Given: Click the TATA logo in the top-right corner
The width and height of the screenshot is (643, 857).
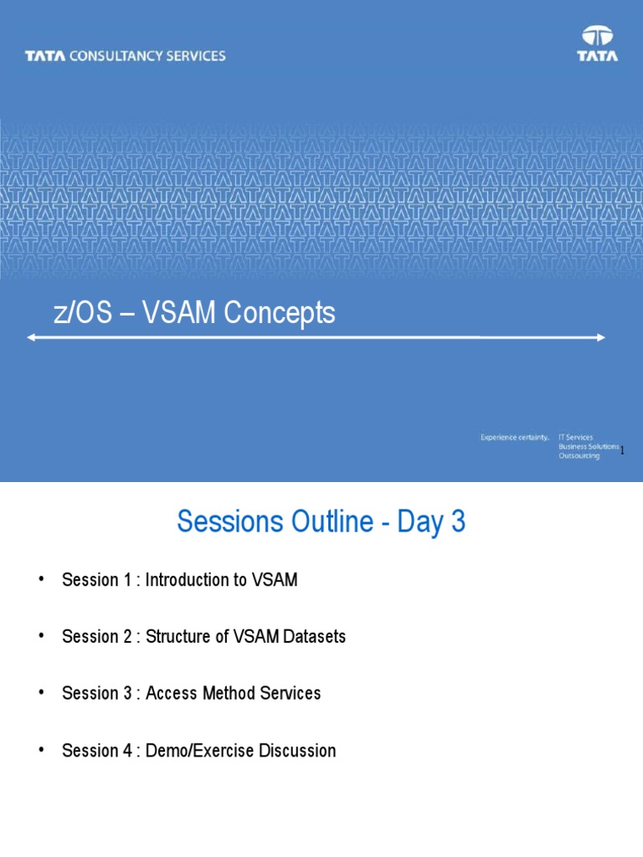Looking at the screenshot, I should pyautogui.click(x=598, y=44).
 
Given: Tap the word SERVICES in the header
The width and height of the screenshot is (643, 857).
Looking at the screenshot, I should pyautogui.click(x=194, y=56).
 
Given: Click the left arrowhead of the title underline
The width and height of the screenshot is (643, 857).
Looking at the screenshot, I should pyautogui.click(x=31, y=337).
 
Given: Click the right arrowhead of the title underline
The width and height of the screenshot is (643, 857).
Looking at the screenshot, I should pyautogui.click(x=600, y=337).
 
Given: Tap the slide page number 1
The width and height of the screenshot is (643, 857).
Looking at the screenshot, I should pyautogui.click(x=623, y=450).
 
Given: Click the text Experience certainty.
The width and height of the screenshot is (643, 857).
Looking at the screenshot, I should pyautogui.click(x=514, y=437).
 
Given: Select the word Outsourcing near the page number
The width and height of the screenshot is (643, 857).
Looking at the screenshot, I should pyautogui.click(x=579, y=456).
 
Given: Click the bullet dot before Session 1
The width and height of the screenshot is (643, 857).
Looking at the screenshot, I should pyautogui.click(x=40, y=580).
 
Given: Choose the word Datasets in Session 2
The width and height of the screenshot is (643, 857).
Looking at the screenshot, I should pyautogui.click(x=314, y=637).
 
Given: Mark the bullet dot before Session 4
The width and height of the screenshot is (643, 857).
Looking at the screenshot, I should pyautogui.click(x=40, y=751).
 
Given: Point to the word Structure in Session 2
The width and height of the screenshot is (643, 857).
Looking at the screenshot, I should pyautogui.click(x=177, y=637).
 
